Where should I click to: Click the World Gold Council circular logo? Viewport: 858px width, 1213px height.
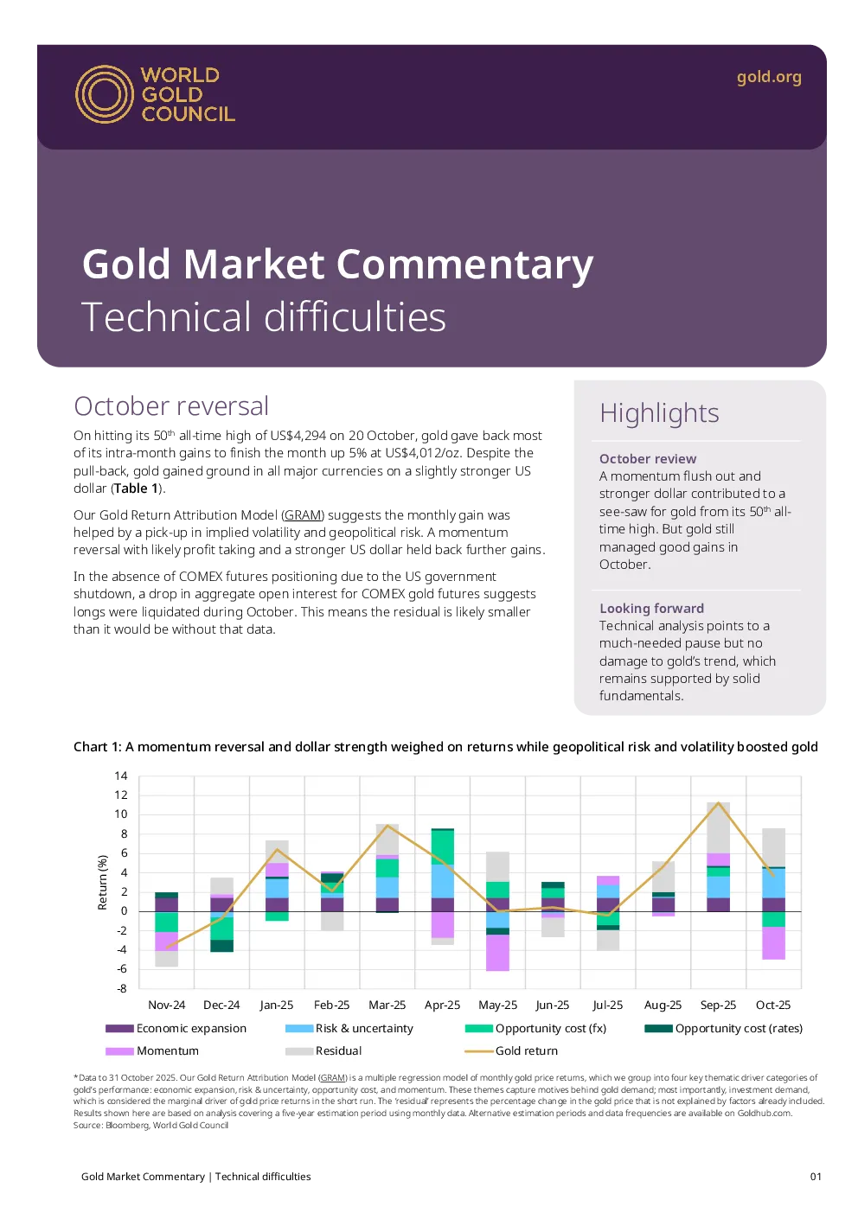point(104,94)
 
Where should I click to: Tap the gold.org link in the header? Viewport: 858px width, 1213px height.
point(769,78)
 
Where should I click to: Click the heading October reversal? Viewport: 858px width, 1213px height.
point(171,405)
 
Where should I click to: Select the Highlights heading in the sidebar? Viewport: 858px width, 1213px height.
point(659,412)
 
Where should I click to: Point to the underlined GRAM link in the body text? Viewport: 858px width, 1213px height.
point(303,515)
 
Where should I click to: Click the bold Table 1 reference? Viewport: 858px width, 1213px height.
point(136,488)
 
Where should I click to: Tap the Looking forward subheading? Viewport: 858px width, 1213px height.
point(651,608)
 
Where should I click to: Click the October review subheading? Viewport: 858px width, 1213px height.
point(648,459)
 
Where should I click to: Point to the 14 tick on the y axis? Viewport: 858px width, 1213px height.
point(121,776)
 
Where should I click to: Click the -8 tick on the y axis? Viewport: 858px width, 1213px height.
point(121,988)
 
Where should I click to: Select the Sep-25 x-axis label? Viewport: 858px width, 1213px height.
point(718,1005)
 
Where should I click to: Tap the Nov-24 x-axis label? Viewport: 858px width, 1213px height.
point(166,1005)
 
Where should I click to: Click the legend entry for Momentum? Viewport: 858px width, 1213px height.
point(152,1051)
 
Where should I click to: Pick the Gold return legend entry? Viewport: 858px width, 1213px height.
point(511,1051)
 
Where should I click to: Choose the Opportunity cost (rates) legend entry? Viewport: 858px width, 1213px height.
point(724,1028)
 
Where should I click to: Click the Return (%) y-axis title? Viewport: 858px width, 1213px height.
point(102,882)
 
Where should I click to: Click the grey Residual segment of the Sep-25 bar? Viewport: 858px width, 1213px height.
point(718,827)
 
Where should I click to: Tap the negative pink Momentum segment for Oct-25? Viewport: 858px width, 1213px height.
point(773,942)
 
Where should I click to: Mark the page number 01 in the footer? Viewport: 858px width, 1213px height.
point(816,1177)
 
